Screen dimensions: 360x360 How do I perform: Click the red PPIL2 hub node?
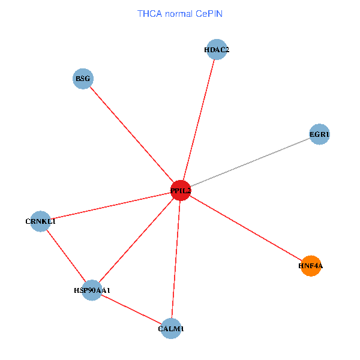click(x=181, y=190)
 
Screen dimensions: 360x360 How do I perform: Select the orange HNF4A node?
click(x=311, y=265)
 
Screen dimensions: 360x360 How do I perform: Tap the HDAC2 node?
click(x=216, y=50)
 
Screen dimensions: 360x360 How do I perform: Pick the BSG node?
click(x=83, y=79)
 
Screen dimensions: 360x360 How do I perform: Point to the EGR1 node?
click(x=319, y=135)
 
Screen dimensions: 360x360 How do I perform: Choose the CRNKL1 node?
click(x=40, y=221)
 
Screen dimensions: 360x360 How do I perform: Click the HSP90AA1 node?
click(x=92, y=290)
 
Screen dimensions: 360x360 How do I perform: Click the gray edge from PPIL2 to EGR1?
click(x=250, y=163)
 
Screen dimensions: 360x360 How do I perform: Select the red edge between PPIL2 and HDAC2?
click(x=199, y=120)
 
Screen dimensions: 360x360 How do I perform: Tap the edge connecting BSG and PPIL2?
click(x=132, y=134)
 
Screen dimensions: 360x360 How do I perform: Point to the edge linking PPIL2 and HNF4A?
click(x=246, y=228)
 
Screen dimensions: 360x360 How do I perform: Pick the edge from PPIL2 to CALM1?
click(x=176, y=259)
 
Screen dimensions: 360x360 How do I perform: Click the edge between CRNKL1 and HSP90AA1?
click(x=66, y=256)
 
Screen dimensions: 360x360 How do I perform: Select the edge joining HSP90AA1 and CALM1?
click(x=131, y=310)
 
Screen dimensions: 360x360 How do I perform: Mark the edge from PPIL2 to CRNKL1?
click(x=110, y=206)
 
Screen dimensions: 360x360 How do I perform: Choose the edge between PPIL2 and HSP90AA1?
click(x=136, y=240)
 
